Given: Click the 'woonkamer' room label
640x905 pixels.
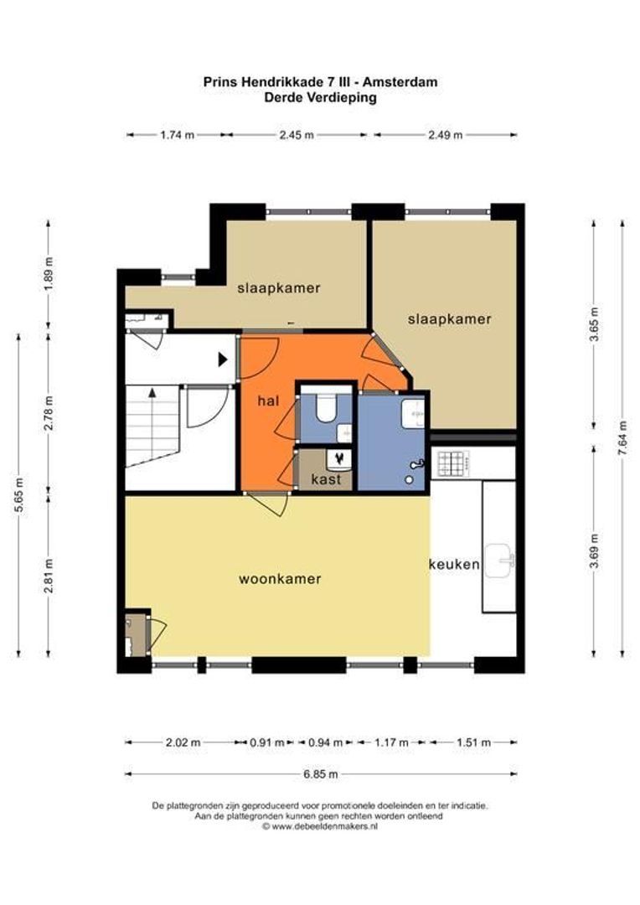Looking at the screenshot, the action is click(x=280, y=579).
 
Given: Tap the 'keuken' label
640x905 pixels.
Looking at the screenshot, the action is click(x=454, y=565).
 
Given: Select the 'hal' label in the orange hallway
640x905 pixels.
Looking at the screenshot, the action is click(x=268, y=401).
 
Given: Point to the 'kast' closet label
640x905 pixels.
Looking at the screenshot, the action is click(x=326, y=479).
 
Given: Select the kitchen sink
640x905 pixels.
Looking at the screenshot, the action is click(x=498, y=560).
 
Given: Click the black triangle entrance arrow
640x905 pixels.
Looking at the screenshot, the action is click(x=223, y=359).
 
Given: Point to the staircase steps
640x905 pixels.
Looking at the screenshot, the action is click(x=152, y=426).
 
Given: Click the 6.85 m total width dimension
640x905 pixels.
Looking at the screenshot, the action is click(x=321, y=774).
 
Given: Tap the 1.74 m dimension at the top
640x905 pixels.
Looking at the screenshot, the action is click(x=177, y=135).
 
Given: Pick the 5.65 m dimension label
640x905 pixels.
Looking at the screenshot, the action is click(x=19, y=495).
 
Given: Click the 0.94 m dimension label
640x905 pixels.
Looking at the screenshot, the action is click(x=325, y=742).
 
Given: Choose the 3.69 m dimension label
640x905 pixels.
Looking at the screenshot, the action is click(x=595, y=551).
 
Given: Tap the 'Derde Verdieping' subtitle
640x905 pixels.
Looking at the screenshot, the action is click(x=320, y=97).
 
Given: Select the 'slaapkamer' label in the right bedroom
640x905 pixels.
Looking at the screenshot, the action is click(x=450, y=318).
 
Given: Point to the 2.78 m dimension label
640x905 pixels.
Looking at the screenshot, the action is click(x=49, y=412).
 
